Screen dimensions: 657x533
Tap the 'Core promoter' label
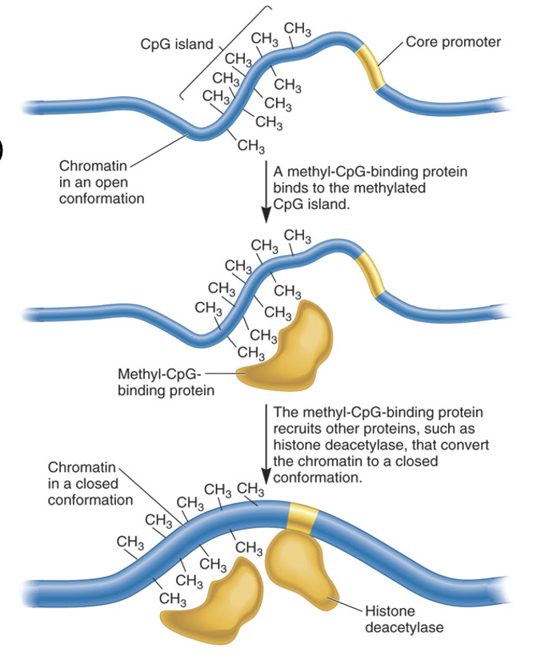click(x=453, y=42)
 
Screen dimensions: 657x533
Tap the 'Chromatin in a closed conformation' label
click(x=90, y=483)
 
